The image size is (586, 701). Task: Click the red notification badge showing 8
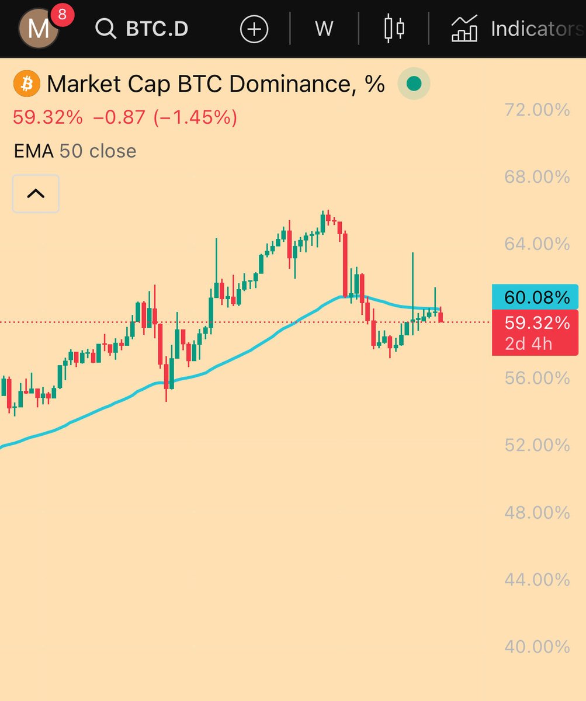(63, 13)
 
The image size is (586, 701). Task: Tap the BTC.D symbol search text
(157, 29)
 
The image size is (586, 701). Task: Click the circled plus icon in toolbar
(254, 29)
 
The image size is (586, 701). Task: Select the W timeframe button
(324, 29)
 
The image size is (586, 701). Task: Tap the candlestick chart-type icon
(394, 29)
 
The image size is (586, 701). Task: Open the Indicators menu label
(536, 29)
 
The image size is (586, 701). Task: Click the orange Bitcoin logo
(26, 84)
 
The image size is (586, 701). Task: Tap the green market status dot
(414, 84)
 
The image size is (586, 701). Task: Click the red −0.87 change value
(119, 117)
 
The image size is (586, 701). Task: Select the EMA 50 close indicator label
(75, 151)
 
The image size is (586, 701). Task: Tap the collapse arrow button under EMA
(36, 193)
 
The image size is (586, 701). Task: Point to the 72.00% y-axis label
(537, 109)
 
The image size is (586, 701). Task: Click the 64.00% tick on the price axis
(537, 244)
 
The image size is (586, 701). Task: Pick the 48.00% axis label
(537, 512)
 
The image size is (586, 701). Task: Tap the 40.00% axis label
(537, 647)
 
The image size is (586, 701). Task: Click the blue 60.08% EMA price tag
(536, 297)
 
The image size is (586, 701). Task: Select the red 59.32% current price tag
(536, 323)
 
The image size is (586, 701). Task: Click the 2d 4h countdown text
(529, 343)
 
